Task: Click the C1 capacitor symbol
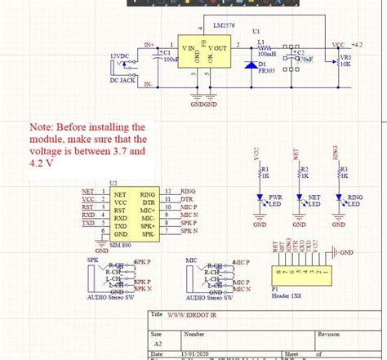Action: (157, 56)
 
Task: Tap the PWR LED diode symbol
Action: (260, 198)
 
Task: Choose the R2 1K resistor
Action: (299, 173)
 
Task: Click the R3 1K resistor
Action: (339, 173)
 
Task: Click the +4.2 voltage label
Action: (356, 45)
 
